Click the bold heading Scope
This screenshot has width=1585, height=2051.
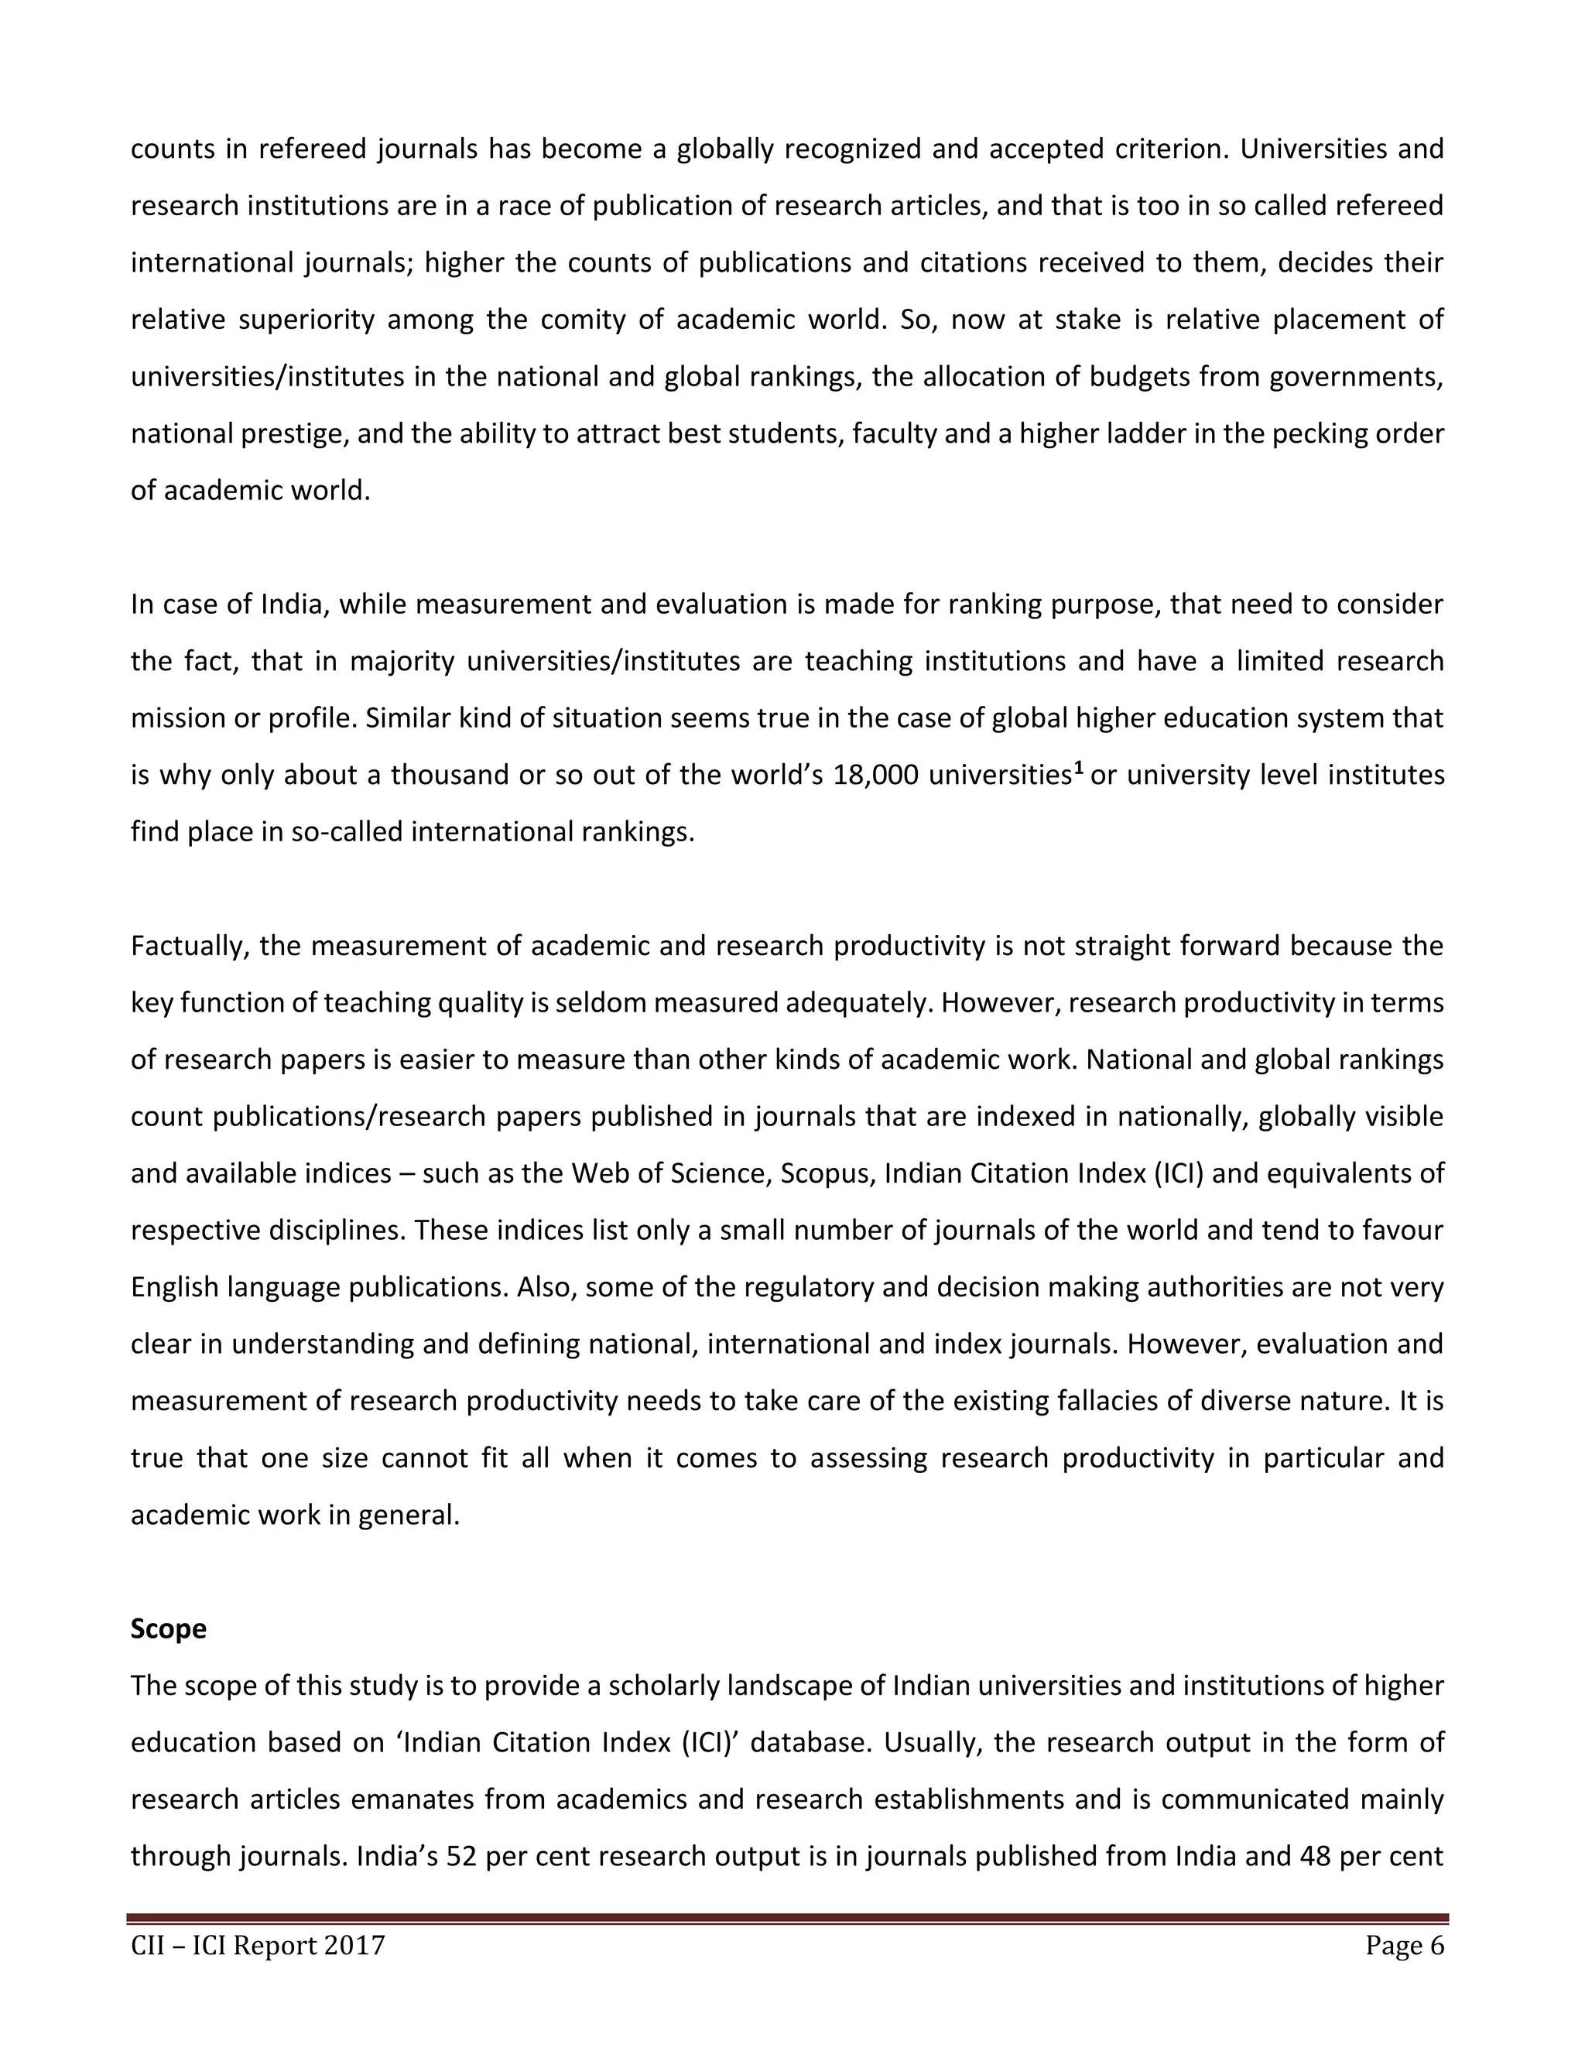coord(168,1628)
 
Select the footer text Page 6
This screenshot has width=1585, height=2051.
coord(1405,1945)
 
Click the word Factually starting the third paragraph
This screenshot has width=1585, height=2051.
coord(188,946)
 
